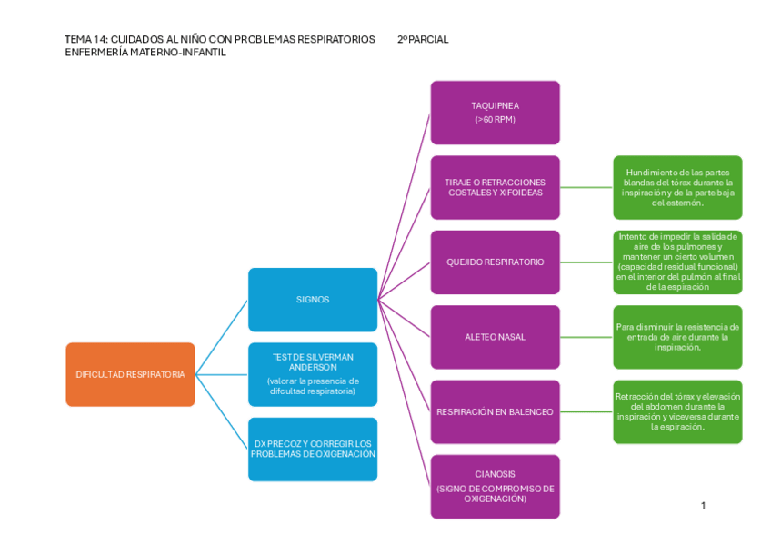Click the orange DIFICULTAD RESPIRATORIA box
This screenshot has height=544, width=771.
pyautogui.click(x=130, y=374)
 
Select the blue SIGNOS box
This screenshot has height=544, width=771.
pyautogui.click(x=312, y=300)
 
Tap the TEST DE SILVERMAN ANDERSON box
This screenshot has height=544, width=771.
pyautogui.click(x=312, y=374)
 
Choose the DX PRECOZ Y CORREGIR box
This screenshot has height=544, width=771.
pyautogui.click(x=312, y=449)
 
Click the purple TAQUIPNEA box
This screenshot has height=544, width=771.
pyautogui.click(x=495, y=113)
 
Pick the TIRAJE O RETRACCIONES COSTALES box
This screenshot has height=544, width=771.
pyautogui.click(x=495, y=187)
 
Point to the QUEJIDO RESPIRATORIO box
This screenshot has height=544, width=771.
pyautogui.click(x=495, y=262)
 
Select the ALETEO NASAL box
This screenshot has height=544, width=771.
pyautogui.click(x=495, y=337)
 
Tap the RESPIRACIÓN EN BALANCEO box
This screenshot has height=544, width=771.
pyautogui.click(x=495, y=411)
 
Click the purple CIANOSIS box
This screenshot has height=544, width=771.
pyautogui.click(x=495, y=486)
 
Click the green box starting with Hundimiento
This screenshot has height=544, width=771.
pyautogui.click(x=677, y=187)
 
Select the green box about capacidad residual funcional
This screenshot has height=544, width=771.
pyautogui.click(x=677, y=262)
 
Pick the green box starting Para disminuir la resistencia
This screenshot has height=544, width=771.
pyautogui.click(x=677, y=337)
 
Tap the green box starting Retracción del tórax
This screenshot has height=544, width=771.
pyautogui.click(x=677, y=411)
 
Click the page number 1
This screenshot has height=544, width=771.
pyautogui.click(x=703, y=506)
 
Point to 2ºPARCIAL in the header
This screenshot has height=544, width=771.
pyautogui.click(x=423, y=40)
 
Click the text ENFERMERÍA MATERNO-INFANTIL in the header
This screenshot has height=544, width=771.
pyautogui.click(x=145, y=53)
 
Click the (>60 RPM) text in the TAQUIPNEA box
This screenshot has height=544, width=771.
pyautogui.click(x=495, y=120)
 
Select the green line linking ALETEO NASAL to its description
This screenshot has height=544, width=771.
pyautogui.click(x=586, y=337)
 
